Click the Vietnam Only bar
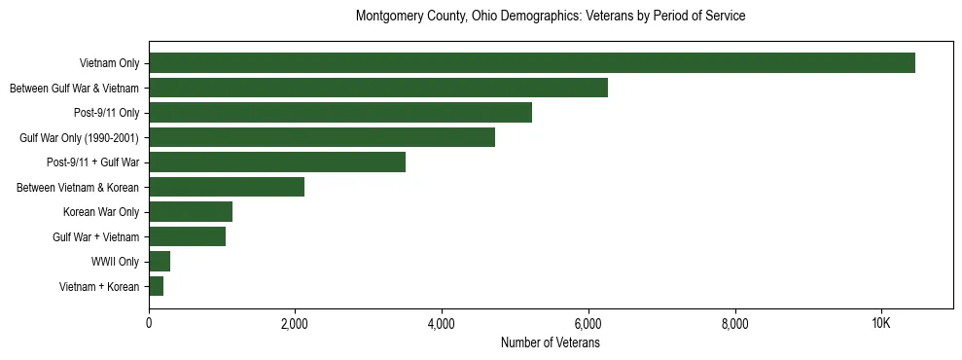[x=532, y=63]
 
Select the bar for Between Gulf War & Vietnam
[x=378, y=88]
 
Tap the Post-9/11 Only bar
[x=340, y=113]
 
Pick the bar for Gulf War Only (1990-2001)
[x=322, y=137]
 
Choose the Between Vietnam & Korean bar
[x=227, y=187]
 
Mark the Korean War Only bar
[x=191, y=212]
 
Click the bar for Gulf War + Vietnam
[x=188, y=236]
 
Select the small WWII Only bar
[x=160, y=261]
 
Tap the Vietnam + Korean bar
[x=157, y=286]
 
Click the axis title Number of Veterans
[x=551, y=343]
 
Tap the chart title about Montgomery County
[x=551, y=17]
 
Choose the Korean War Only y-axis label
[x=101, y=212]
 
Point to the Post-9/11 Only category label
[x=106, y=113]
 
